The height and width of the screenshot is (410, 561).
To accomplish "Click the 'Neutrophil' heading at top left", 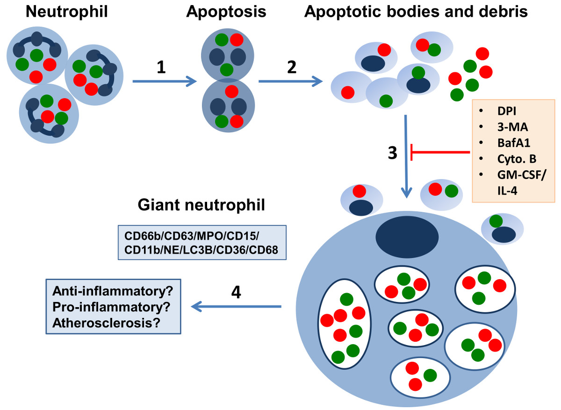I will [67, 12].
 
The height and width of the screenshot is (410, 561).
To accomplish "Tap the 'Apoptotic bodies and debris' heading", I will [416, 12].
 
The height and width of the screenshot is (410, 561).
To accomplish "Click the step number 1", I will [161, 68].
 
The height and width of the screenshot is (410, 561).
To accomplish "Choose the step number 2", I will [291, 68].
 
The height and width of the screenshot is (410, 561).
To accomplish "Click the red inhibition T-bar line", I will [439, 152].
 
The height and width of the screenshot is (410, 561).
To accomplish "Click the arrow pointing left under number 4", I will [236, 307].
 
